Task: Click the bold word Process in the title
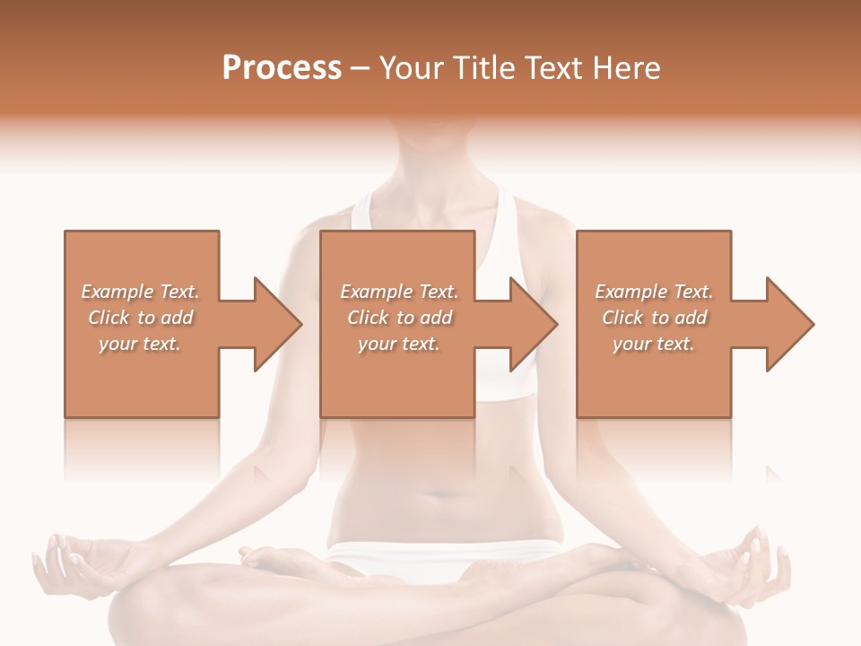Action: (x=282, y=68)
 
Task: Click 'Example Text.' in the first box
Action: (x=141, y=292)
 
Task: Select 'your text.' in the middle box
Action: (x=398, y=344)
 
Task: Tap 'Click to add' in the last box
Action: (x=654, y=318)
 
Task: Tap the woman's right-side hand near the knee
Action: (x=753, y=561)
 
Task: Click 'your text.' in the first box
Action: (x=140, y=344)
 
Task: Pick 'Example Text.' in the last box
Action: (x=654, y=292)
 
